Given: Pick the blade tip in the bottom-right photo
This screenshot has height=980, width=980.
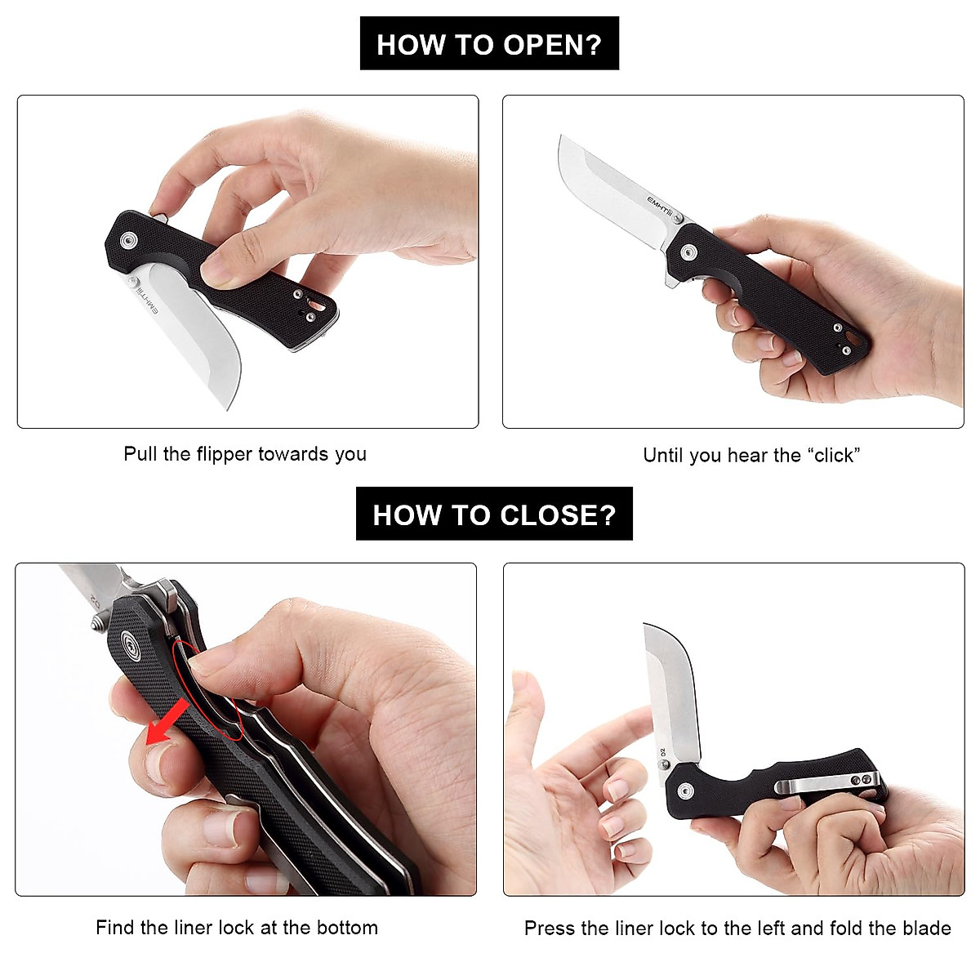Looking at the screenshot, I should (x=646, y=626).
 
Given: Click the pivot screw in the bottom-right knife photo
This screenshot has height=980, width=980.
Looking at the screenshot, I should (x=684, y=790).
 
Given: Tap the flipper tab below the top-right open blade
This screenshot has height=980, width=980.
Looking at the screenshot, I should (x=670, y=282).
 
